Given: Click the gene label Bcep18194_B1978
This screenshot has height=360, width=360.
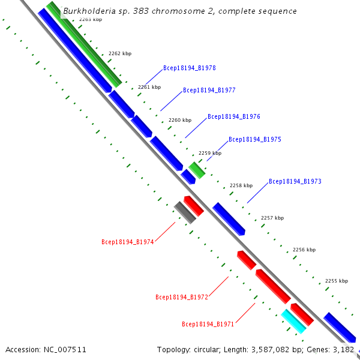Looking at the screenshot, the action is click(x=190, y=68).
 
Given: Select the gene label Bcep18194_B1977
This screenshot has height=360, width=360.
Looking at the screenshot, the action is click(x=209, y=91).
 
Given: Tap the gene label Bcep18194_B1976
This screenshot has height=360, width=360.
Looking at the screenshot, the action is click(x=234, y=116).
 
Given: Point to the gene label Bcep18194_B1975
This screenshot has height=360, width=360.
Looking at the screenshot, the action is click(x=255, y=139).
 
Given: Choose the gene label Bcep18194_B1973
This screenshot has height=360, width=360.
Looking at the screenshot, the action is click(x=295, y=181).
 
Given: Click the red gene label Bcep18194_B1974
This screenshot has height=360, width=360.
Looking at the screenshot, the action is click(x=128, y=242).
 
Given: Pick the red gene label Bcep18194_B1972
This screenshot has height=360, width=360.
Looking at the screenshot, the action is click(x=182, y=297).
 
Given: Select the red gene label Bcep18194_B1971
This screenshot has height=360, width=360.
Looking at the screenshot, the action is click(x=208, y=324).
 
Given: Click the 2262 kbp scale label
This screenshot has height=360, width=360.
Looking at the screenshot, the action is click(x=119, y=53).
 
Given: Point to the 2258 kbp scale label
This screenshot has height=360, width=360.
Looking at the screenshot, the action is click(x=241, y=185).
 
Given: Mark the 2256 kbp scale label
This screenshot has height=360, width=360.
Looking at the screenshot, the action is click(x=304, y=250).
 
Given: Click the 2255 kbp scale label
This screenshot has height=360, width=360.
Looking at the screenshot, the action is click(x=336, y=281).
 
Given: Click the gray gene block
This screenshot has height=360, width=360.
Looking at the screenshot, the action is click(x=185, y=213).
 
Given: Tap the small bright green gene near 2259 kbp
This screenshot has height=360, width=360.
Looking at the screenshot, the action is click(x=197, y=170).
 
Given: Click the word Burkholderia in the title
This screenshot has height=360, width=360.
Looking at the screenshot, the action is click(x=89, y=11).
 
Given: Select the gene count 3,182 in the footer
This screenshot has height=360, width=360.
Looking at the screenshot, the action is click(x=344, y=349).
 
